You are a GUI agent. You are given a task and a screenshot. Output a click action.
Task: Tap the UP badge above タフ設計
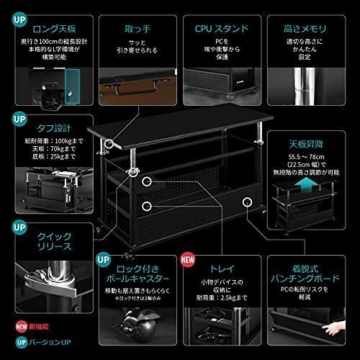[x=15, y=117]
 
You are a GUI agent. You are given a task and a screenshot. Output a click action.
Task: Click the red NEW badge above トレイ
[x=187, y=258]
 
